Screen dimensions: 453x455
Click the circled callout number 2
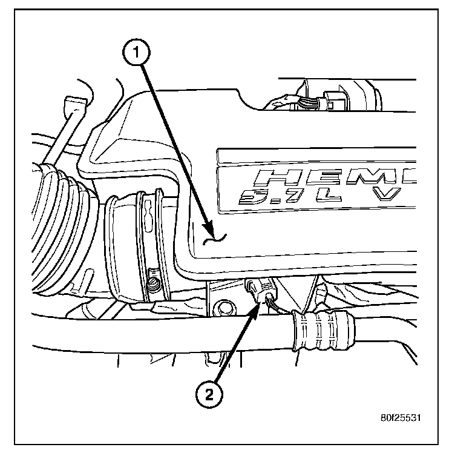click(208, 395)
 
